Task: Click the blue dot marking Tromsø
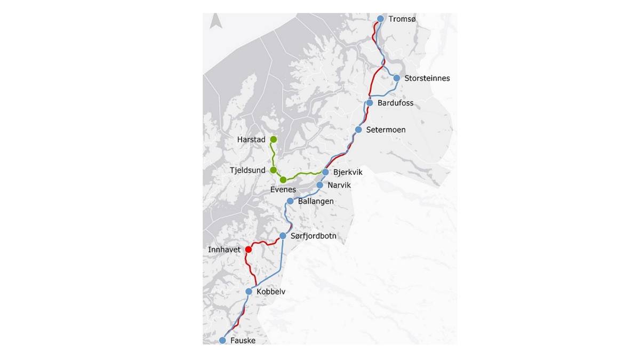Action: [x=380, y=19]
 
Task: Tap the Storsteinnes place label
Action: [x=427, y=78]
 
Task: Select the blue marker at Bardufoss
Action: [x=369, y=102]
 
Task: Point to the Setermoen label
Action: [x=386, y=130]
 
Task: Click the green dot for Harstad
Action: [x=273, y=139]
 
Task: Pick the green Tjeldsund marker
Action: [x=273, y=170]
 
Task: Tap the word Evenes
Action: [x=283, y=190]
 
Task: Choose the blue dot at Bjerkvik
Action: [x=325, y=172]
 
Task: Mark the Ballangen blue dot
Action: [x=290, y=201]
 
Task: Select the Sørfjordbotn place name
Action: [x=314, y=236]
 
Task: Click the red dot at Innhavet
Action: [x=248, y=250]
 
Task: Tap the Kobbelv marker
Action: [x=249, y=291]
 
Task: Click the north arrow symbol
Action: [x=215, y=21]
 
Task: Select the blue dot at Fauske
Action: [x=222, y=340]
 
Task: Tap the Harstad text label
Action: [x=251, y=140]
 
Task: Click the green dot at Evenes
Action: [x=283, y=180]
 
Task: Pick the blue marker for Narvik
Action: [x=319, y=185]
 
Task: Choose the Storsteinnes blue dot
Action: [x=397, y=78]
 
